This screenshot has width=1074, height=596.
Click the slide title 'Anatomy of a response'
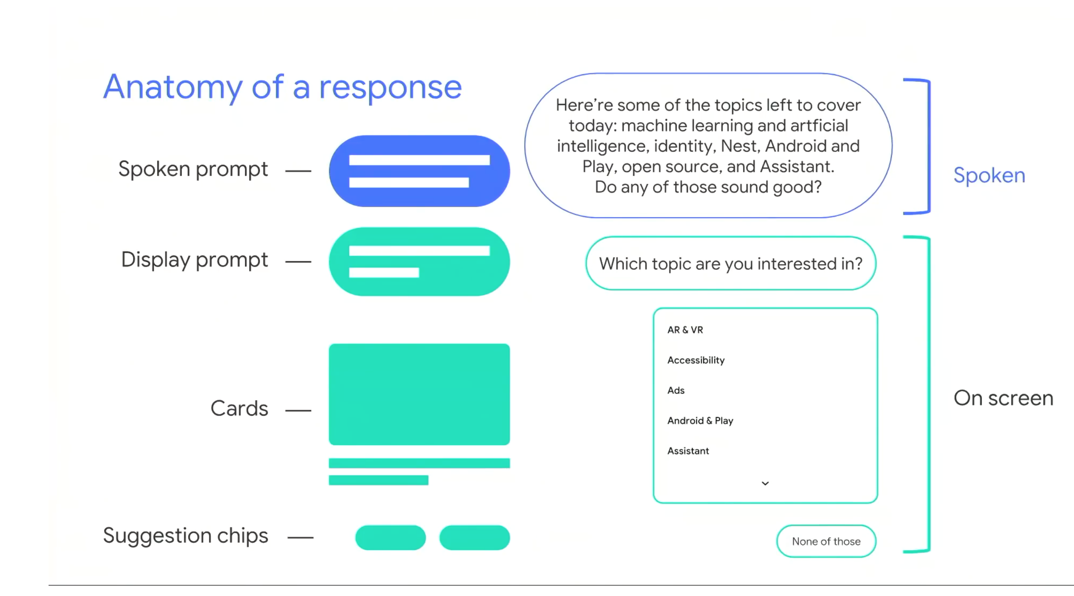coord(283,88)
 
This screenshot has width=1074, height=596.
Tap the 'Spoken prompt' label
coord(193,170)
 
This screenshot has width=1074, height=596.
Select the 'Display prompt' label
coord(194,260)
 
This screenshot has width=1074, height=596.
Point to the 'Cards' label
coord(239,408)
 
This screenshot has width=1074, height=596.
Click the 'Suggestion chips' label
coord(185,536)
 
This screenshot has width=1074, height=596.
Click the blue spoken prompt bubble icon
coord(419,171)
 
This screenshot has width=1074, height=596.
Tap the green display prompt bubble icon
coord(419,261)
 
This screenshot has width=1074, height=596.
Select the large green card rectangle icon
coord(419,394)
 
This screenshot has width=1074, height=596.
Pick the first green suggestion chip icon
coord(391,538)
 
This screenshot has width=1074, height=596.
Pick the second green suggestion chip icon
coord(475,538)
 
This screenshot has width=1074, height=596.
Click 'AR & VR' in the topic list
coord(685,330)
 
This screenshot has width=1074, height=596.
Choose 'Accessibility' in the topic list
coord(696,360)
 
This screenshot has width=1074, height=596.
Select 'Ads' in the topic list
coord(676,390)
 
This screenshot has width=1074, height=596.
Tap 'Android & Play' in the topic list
coord(700,421)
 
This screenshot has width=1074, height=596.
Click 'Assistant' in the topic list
coord(688,451)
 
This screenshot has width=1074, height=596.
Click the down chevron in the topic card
coord(765,484)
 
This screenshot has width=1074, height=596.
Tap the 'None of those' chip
coord(826,541)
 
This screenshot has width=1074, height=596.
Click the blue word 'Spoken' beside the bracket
coord(989,176)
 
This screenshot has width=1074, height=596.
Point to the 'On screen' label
coord(1003,398)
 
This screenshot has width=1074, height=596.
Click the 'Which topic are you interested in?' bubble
coord(731,263)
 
